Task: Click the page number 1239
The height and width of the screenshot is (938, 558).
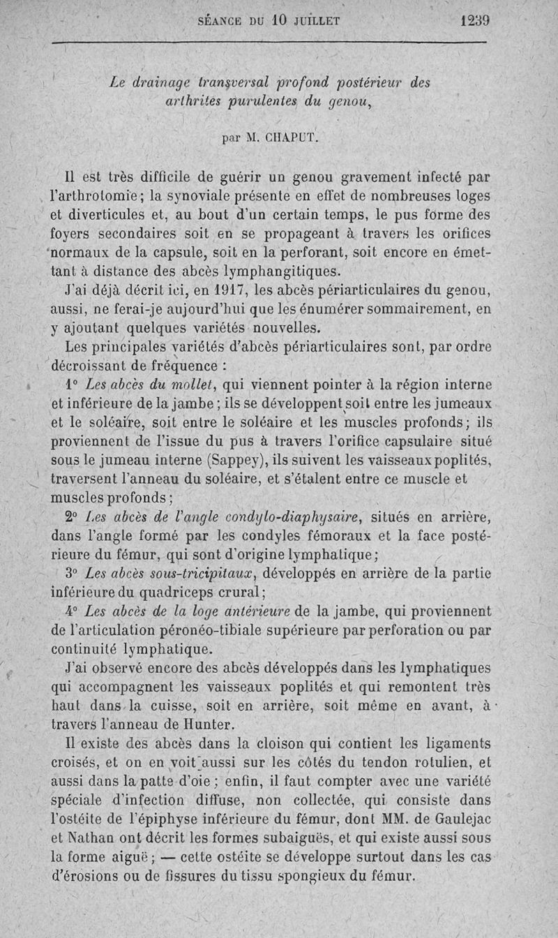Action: [x=474, y=20]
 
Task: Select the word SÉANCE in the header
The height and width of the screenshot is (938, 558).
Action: [x=223, y=21]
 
